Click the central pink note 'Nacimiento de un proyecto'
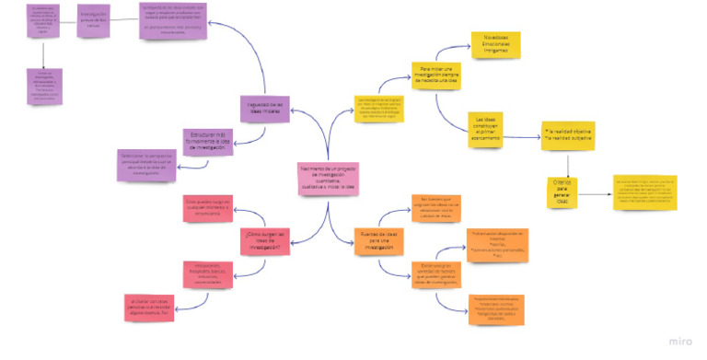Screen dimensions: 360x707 [326, 178]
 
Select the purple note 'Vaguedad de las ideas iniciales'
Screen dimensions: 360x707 [266, 107]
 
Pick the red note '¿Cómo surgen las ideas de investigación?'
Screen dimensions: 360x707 [267, 241]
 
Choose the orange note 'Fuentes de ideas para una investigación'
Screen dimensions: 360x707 [378, 242]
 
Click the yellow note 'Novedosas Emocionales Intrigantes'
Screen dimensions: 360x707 [495, 44]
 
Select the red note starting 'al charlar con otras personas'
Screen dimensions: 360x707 [149, 307]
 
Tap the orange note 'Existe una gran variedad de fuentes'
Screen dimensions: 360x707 [435, 273]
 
